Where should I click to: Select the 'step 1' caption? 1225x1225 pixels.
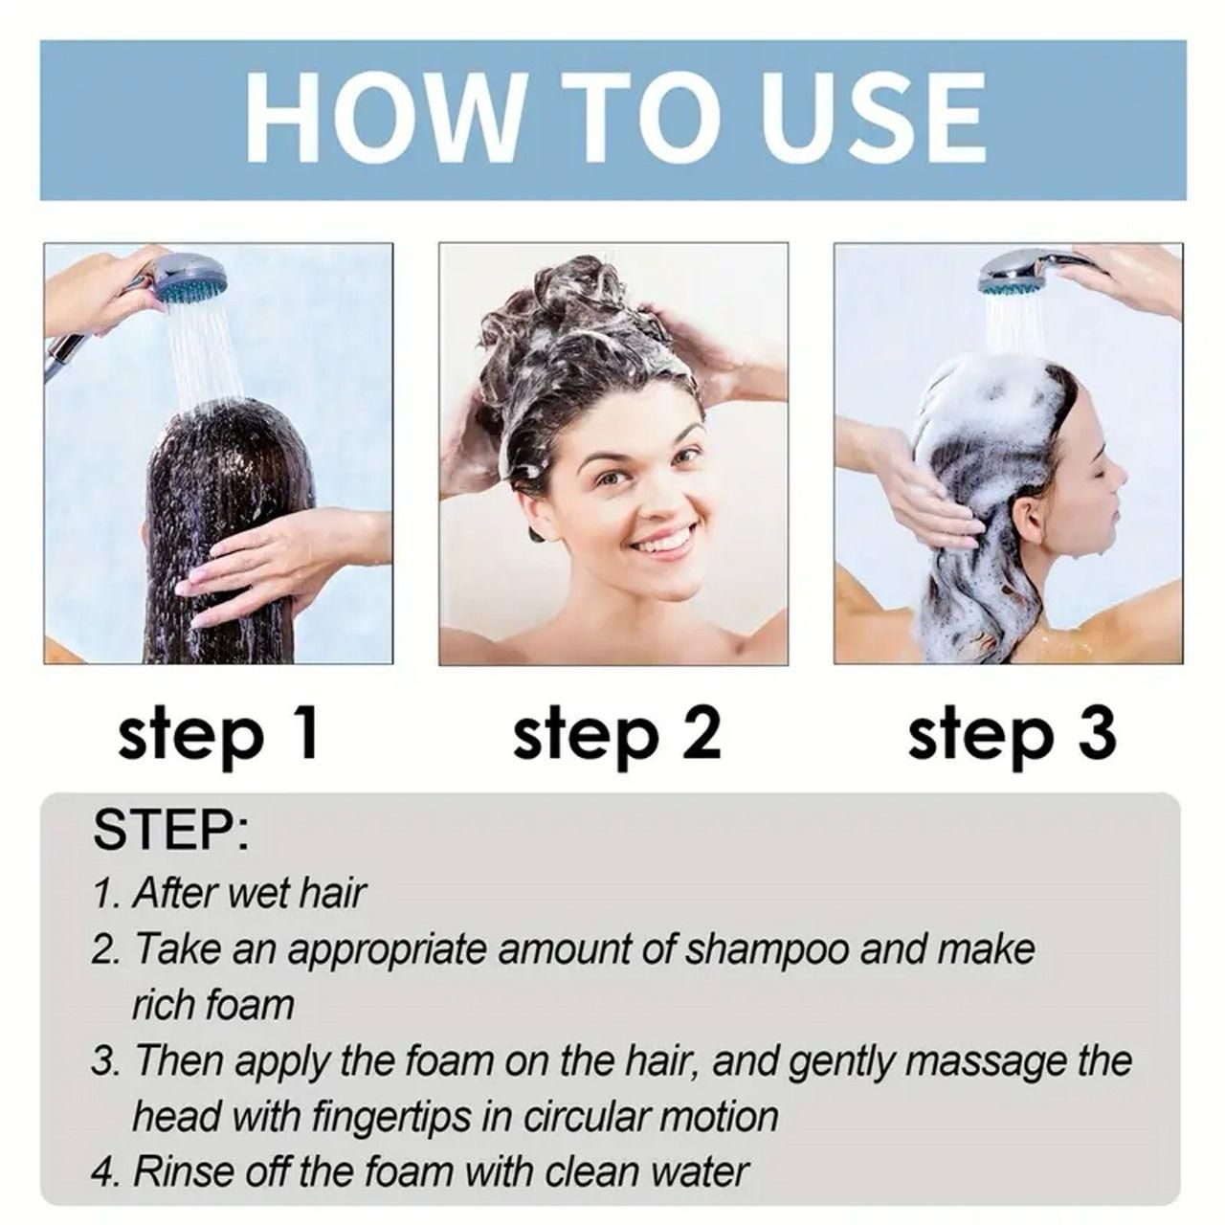click(217, 735)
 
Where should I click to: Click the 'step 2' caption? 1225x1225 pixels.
click(616, 735)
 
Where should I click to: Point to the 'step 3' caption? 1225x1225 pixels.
click(1012, 735)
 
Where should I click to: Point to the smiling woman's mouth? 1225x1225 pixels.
click(660, 542)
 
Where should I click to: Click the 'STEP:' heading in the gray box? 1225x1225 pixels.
click(170, 831)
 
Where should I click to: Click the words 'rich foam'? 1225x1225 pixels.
click(212, 1005)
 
